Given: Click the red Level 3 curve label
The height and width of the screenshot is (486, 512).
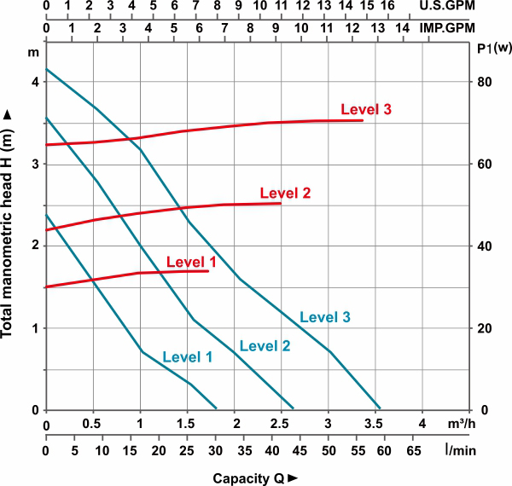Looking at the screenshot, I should click(x=366, y=109).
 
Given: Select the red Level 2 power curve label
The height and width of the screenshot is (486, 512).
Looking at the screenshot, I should click(x=285, y=192).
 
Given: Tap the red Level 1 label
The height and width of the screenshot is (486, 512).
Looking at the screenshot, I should click(x=191, y=262).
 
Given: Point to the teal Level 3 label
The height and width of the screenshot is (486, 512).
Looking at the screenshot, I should click(x=325, y=317).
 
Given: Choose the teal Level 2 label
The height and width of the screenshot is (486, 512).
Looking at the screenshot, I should click(x=265, y=345).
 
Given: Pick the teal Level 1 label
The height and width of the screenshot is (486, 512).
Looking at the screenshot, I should click(x=187, y=357).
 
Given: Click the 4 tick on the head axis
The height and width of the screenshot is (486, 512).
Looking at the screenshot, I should click(x=35, y=82).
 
